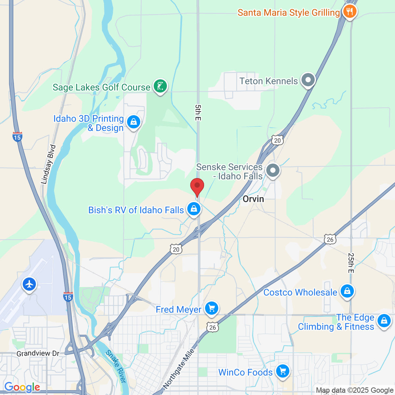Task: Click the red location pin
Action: pos(197,187)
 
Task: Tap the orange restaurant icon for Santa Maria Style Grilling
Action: pos(350,12)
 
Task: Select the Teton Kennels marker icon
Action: pos(308,80)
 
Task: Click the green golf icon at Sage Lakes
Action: pos(160,86)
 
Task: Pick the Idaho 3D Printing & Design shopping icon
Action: pos(133,122)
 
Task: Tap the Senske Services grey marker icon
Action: pos(273,171)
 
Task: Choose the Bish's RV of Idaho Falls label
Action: pos(136,210)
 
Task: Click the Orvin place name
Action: pos(253,199)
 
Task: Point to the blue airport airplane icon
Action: pos(29,284)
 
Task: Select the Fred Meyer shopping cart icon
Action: pos(211,308)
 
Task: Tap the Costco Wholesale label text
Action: pos(300,292)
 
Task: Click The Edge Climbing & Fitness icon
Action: pos(384,320)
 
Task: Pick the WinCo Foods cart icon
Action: pos(282,371)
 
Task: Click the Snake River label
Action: pos(116,366)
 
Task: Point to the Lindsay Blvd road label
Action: pos(48,164)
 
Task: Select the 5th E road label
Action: pos(197,112)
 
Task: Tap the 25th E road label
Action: pos(351,263)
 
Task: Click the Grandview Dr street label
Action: pos(38,354)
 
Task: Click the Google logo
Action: pos(22,387)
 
